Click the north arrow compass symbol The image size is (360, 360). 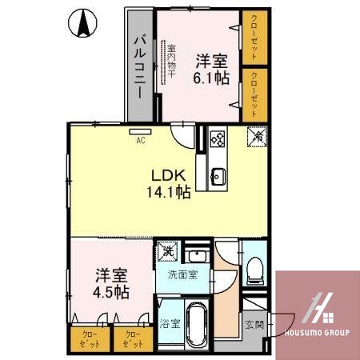click(x=82, y=24)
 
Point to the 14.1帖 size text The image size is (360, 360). click(x=168, y=192)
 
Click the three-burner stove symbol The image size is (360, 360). click(x=217, y=139)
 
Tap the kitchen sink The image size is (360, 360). click(x=218, y=176)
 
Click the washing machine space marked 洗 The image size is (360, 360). click(x=168, y=252)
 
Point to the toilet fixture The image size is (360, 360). click(x=254, y=270)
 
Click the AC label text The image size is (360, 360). click(x=141, y=141)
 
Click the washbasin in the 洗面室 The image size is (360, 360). click(x=197, y=258)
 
